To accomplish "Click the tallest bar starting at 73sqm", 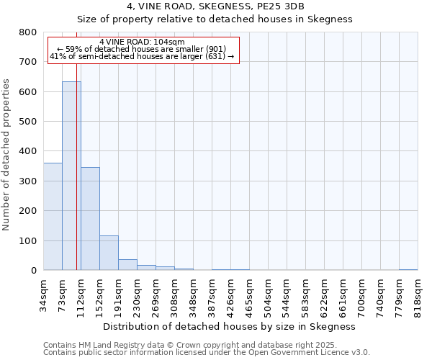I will point(71,176).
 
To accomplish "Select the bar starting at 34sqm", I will point(53,217).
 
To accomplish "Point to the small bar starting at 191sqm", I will point(127,265).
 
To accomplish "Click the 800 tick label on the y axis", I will point(28,32).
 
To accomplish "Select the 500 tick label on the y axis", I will point(28,122).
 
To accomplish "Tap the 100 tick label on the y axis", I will point(28,240).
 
